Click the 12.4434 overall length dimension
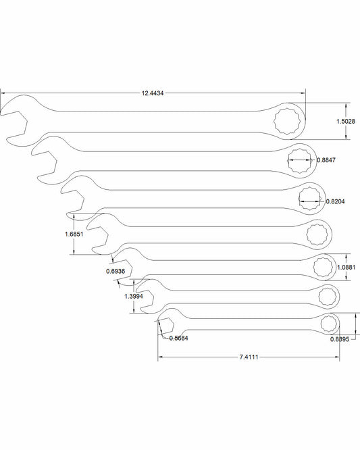153,93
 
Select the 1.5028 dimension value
346,122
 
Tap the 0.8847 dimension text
326,160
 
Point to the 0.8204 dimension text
335,201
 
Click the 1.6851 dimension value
74,234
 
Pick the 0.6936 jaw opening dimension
115,271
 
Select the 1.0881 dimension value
346,268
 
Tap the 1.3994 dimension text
134,296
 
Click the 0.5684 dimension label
178,339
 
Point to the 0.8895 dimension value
340,339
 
